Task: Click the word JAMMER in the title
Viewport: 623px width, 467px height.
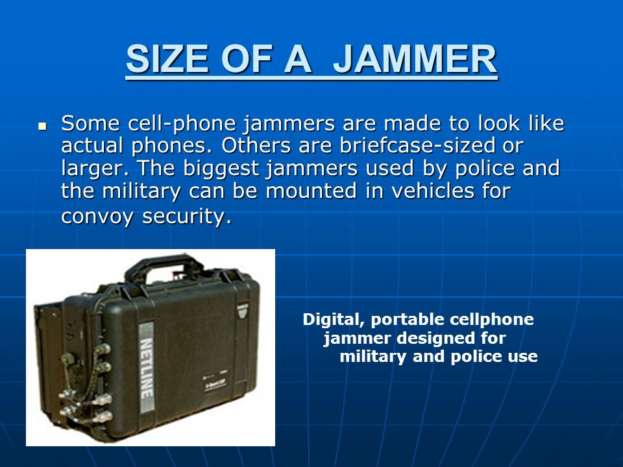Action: [x=415, y=59]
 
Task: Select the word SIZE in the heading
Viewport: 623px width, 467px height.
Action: [x=167, y=59]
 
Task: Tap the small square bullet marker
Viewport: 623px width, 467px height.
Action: [x=42, y=126]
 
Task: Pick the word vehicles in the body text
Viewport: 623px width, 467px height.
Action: [x=433, y=190]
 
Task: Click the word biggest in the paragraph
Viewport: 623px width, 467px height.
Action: [x=221, y=169]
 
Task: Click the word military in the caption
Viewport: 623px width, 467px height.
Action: [x=373, y=356]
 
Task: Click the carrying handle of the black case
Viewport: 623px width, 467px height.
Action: [x=164, y=267]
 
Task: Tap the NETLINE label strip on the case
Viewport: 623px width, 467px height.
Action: [x=146, y=368]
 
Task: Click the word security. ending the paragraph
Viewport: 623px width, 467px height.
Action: [x=187, y=217]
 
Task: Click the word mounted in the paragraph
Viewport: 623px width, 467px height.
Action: [x=311, y=190]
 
